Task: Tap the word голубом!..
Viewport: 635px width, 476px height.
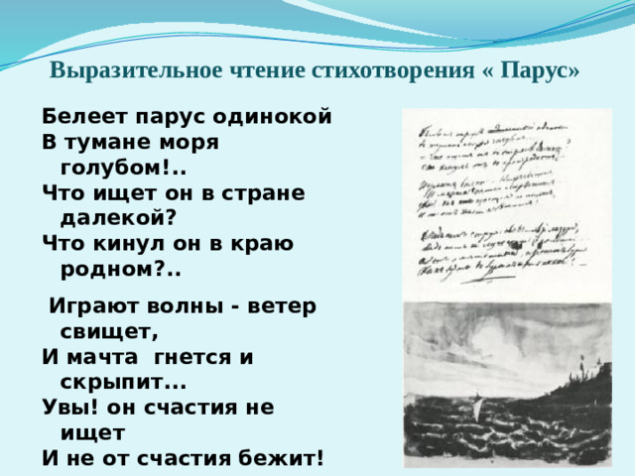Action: [x=117, y=167]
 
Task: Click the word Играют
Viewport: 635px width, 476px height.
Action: [x=96, y=305]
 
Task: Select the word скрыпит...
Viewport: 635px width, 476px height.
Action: [x=112, y=383]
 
